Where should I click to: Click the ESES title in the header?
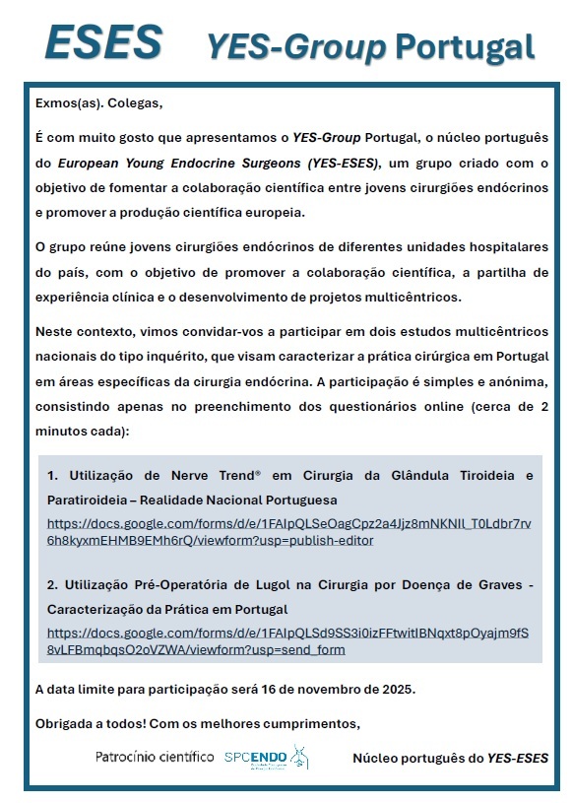(103, 42)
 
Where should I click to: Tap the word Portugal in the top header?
(465, 45)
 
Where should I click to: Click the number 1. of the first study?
(53, 476)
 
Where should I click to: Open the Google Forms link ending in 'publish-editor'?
(287, 531)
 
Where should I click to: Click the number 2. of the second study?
(53, 585)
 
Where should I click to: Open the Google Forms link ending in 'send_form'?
(287, 640)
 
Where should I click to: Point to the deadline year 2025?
(398, 688)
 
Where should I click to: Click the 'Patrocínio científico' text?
(155, 757)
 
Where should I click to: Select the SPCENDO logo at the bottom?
(266, 757)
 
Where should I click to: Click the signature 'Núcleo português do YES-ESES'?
(450, 758)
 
